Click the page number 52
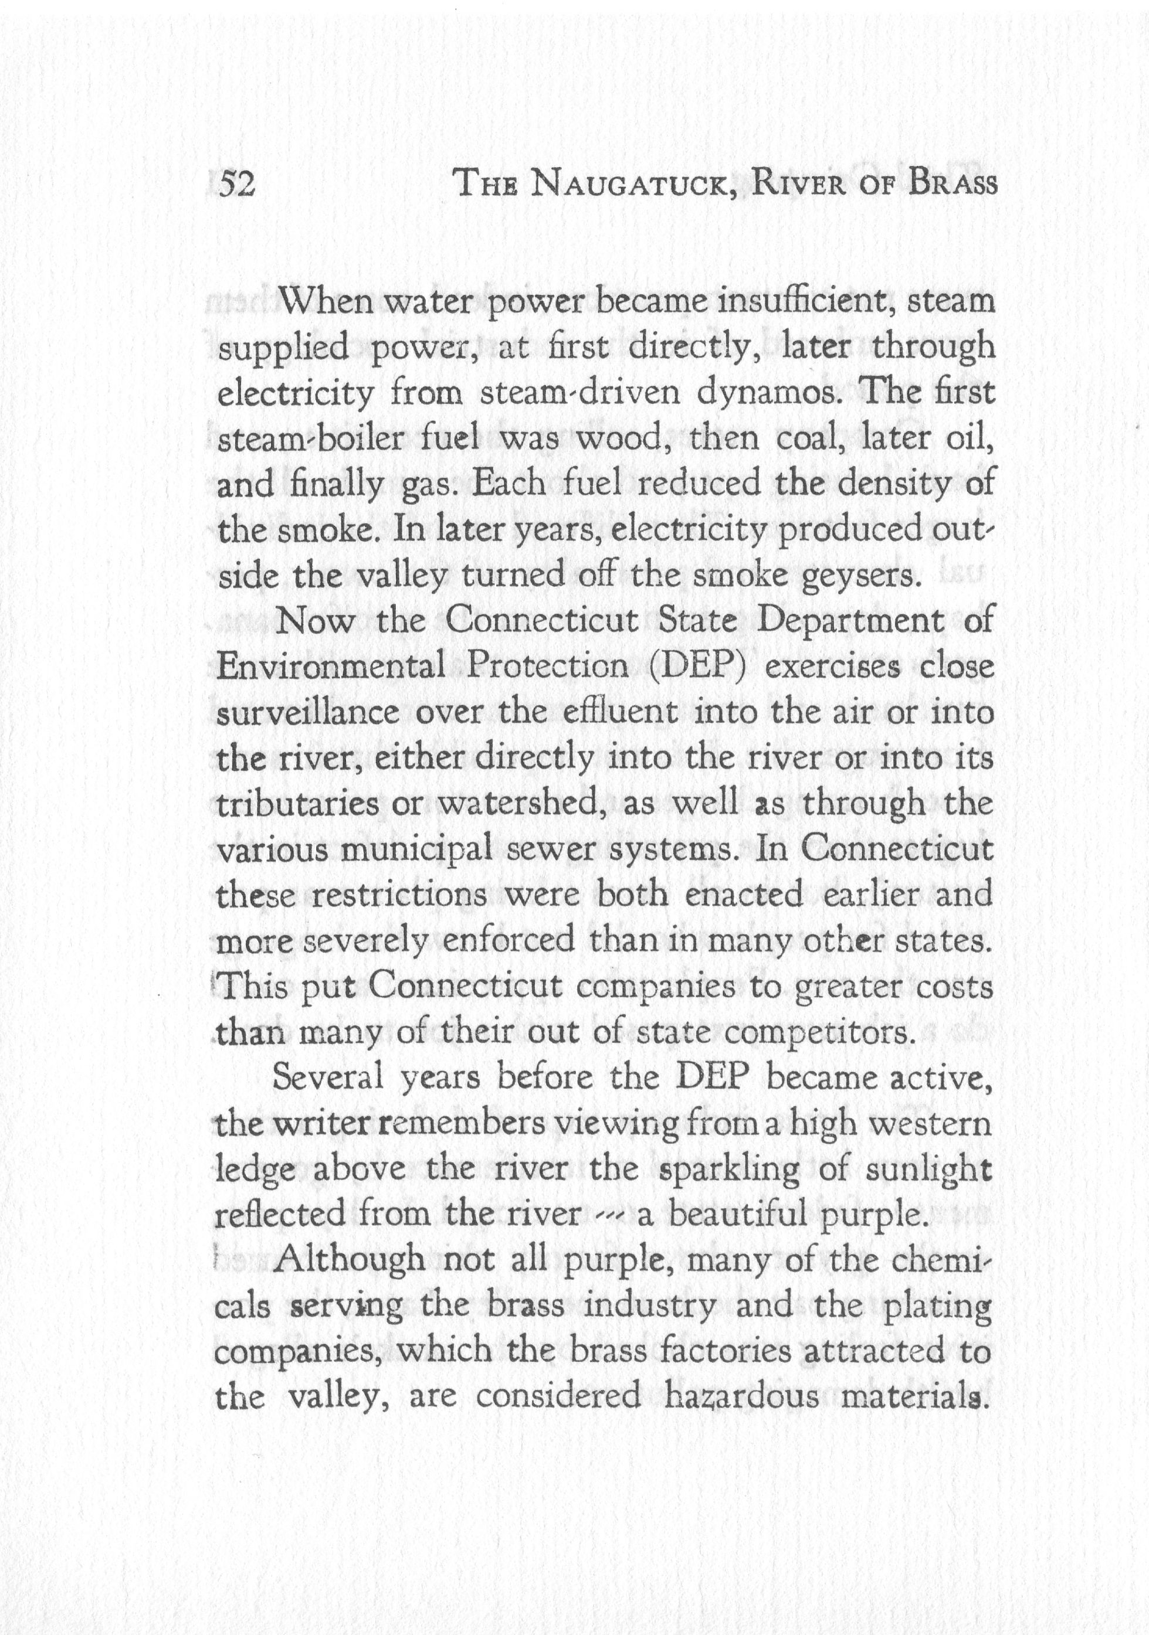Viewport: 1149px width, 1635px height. point(237,185)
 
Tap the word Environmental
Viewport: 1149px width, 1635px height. point(331,667)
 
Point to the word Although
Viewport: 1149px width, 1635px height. point(348,1261)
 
